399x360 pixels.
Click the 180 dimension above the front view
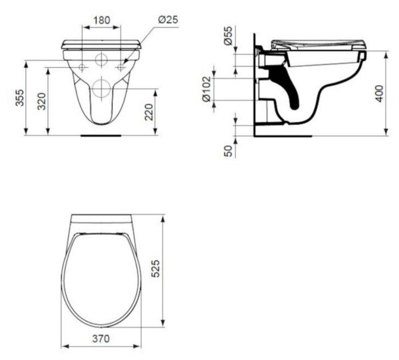tap(101, 21)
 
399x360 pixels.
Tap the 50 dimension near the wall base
tap(228, 151)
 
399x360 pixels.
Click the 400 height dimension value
tap(379, 94)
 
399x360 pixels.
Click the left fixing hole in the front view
tap(82, 68)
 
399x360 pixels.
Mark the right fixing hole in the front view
tap(120, 68)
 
